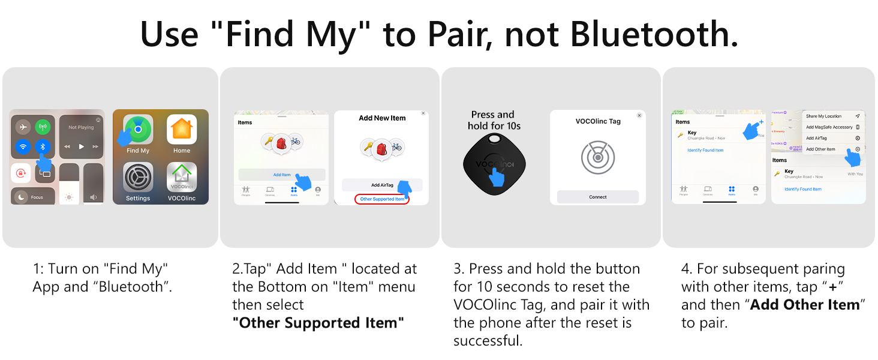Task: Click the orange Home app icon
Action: tap(182, 129)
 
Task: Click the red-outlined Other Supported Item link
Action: tap(382, 199)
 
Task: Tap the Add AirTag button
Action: tap(382, 185)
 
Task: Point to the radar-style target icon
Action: tap(597, 158)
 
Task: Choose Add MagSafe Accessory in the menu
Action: tap(829, 127)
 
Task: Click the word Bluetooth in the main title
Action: tap(654, 35)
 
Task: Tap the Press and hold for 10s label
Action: tap(493, 120)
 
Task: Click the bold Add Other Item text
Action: tap(805, 305)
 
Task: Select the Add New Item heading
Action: tap(382, 118)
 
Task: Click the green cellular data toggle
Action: tap(43, 127)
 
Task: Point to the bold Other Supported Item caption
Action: tap(318, 323)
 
